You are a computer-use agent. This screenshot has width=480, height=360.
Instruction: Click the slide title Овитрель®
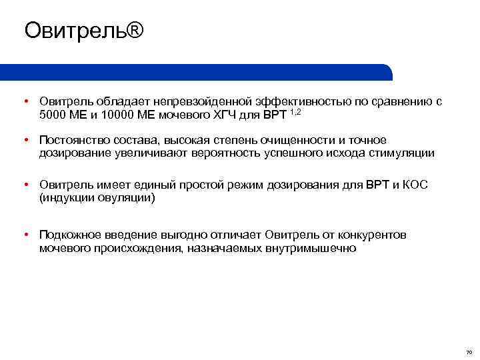pyautogui.click(x=83, y=31)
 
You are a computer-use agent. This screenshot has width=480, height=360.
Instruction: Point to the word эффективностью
pyautogui.click(x=293, y=101)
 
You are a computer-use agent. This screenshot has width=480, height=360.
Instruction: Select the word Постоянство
pyautogui.click(x=71, y=140)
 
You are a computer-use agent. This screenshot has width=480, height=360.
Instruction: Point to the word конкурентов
pyautogui.click(x=373, y=235)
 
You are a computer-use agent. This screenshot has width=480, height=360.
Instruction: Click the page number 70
pyautogui.click(x=469, y=351)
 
